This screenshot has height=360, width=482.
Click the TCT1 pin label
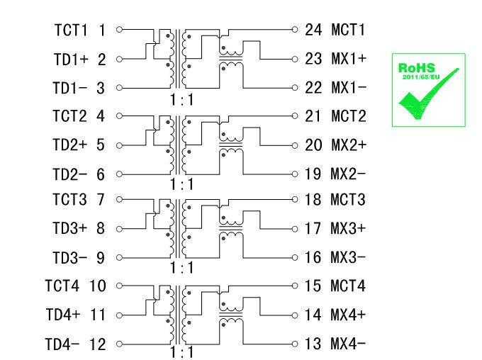pos(70,30)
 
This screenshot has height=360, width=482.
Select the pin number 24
pos(313,30)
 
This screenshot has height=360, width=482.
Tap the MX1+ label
pos(349,59)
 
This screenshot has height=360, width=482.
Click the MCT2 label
pos(348,116)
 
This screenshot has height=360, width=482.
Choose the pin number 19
pos(313,174)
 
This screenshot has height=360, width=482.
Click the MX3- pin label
pos(349,257)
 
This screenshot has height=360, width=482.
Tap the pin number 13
pos(313,344)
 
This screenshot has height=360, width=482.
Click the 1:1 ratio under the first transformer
pos(181,100)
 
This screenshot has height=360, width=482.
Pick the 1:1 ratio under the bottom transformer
pos(181,352)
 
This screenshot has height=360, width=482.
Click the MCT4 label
pos(348,286)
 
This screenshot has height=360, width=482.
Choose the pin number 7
pos(101,201)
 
